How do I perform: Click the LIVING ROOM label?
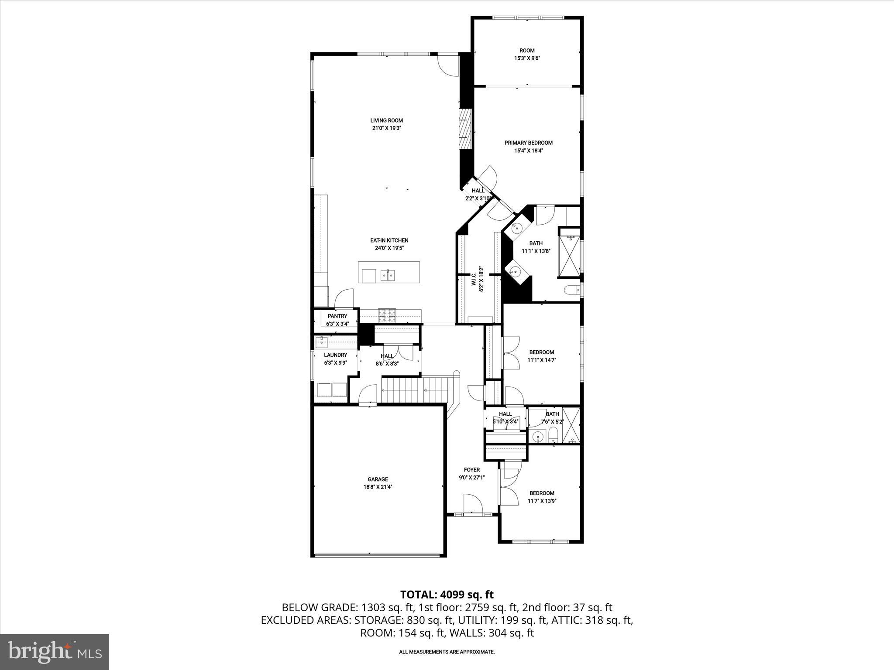386,120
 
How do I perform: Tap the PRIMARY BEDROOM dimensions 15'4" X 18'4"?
528,150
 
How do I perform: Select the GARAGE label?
378,479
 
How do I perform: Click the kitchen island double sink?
388,275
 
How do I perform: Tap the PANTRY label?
337,316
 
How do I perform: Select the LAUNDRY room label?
335,355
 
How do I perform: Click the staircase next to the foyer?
415,390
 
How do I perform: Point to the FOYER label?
471,470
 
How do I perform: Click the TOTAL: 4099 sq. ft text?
447,595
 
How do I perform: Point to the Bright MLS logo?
55,652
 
